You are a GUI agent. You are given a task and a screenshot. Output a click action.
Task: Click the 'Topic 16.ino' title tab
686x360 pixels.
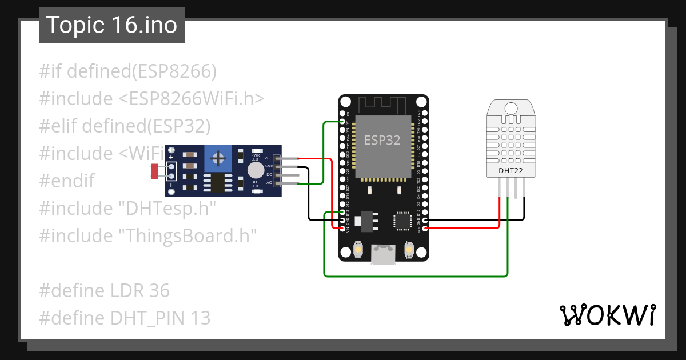111,25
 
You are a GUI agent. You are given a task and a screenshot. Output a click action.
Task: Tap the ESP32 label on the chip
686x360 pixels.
382,140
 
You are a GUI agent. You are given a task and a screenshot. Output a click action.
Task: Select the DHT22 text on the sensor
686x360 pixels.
510,170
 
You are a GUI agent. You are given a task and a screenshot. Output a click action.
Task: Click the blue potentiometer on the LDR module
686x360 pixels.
217,157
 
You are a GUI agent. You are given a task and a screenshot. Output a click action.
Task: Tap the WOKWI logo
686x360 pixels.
607,315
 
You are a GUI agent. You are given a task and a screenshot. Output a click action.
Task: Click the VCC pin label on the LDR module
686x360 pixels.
268,158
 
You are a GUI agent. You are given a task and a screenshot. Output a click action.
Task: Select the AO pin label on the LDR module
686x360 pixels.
269,182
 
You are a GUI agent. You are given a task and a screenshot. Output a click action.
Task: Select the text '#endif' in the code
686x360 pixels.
67,181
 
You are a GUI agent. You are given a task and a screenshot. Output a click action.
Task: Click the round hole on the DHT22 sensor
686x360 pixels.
511,107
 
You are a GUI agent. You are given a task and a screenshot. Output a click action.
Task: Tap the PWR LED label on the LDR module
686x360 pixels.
255,157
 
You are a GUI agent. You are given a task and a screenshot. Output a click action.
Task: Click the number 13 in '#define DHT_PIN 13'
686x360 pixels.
201,318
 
